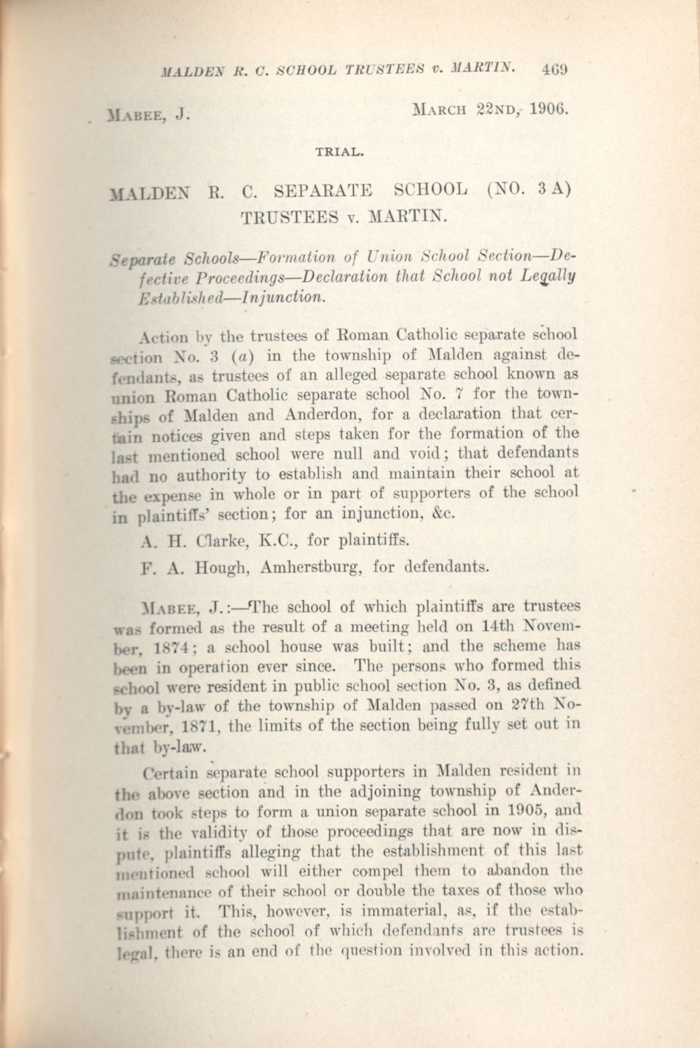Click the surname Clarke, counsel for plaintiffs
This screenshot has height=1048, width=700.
pyautogui.click(x=213, y=541)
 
